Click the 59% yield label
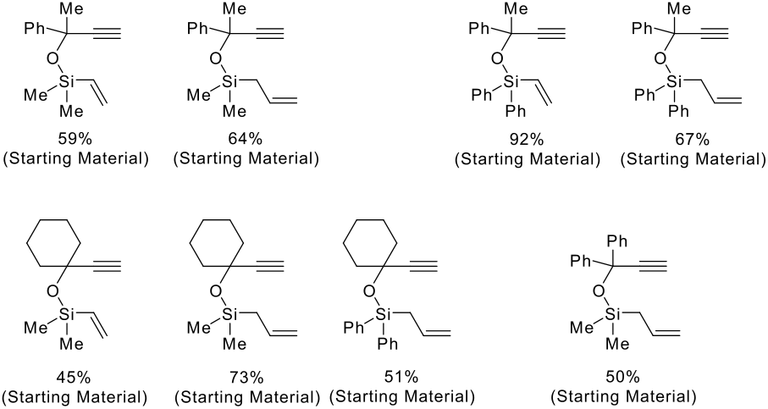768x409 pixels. click(75, 139)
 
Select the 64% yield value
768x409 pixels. click(245, 139)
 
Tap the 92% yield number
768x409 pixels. click(526, 139)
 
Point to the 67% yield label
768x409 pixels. click(692, 139)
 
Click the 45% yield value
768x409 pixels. click(74, 377)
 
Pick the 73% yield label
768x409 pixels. click(246, 377)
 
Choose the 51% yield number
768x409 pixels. click(401, 377)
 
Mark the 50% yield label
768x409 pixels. click(622, 377)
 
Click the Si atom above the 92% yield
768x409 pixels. click(511, 81)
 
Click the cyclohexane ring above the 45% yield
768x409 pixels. click(53, 242)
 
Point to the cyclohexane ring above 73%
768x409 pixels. click(217, 242)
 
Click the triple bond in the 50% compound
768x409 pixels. click(653, 266)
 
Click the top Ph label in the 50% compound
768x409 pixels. click(617, 242)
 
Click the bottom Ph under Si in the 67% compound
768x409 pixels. click(678, 112)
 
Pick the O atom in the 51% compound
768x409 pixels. click(370, 292)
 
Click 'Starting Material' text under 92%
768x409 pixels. click(527, 158)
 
